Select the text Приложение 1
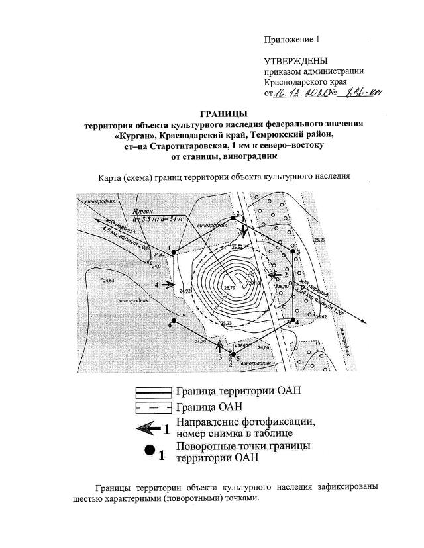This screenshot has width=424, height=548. tap(291, 39)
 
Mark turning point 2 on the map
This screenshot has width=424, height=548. tap(233, 217)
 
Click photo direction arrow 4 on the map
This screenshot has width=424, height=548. tap(168, 285)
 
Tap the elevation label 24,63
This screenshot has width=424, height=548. tap(108, 281)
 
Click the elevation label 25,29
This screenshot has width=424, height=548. tap(321, 239)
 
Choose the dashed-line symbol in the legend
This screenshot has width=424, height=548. tap(152, 406)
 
